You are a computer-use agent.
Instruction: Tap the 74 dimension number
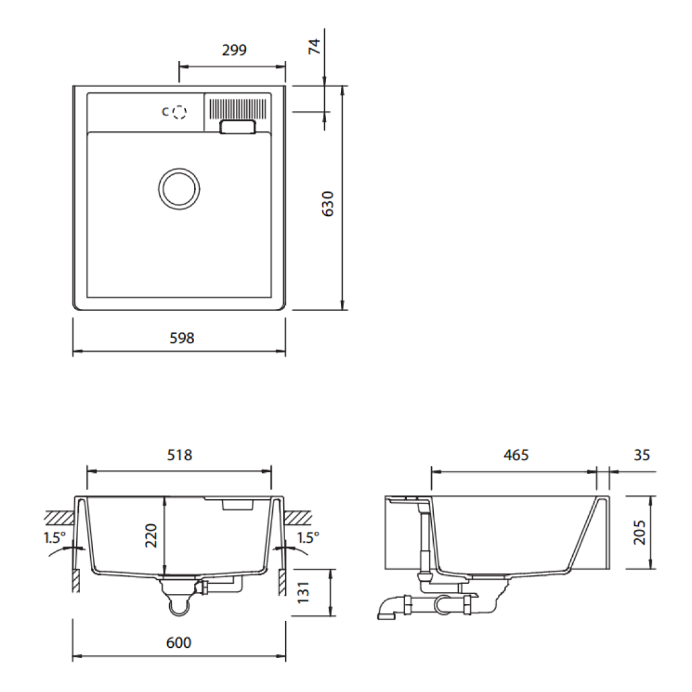click(315, 46)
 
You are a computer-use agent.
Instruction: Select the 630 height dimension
click(327, 203)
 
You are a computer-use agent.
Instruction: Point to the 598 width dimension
click(182, 338)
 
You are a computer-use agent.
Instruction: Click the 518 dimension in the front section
click(179, 456)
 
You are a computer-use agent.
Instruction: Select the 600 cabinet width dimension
click(179, 643)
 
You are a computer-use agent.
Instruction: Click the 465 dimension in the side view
click(516, 456)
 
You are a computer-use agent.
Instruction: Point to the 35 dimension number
click(641, 456)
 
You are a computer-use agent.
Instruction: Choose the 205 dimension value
click(639, 532)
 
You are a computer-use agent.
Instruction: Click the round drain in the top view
click(179, 188)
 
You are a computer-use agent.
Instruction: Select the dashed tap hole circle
click(180, 112)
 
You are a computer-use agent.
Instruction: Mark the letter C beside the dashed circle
click(165, 112)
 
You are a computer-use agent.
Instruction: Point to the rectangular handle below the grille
click(238, 128)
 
